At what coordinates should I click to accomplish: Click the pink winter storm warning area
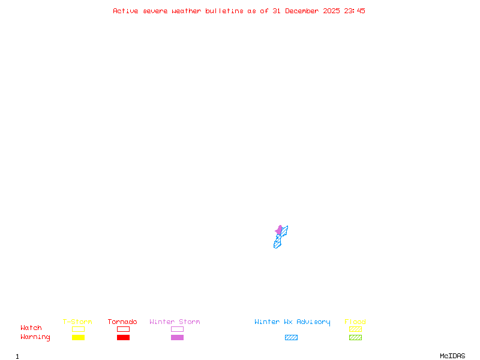point(279,230)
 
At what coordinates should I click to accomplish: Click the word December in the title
point(305,11)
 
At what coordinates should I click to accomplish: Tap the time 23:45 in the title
point(355,11)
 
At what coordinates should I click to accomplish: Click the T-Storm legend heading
point(77,322)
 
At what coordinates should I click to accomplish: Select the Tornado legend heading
point(122,322)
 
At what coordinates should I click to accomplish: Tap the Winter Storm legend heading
point(175,322)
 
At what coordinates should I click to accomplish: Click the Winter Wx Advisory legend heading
point(292,322)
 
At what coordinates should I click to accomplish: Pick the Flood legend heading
point(355,322)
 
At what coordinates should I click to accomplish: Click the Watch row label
point(31,328)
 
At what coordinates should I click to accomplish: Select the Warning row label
point(35,337)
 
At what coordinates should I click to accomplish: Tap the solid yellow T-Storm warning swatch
point(78,338)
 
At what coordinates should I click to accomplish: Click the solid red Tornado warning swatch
point(123,338)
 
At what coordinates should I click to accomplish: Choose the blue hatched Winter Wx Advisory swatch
point(291,338)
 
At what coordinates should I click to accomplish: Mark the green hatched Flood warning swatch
point(355,338)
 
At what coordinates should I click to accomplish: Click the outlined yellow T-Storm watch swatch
point(78,329)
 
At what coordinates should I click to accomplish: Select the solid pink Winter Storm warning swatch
point(177,338)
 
